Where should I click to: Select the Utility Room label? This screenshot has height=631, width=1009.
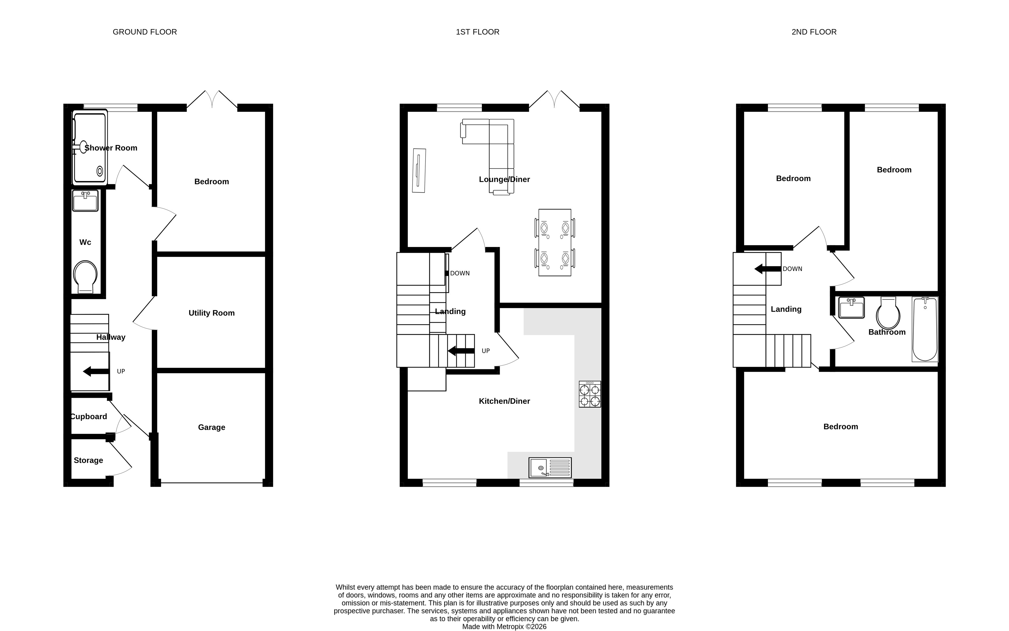click(x=211, y=313)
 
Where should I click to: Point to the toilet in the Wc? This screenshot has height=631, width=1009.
click(x=85, y=277)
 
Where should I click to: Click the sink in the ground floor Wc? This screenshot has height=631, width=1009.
click(x=85, y=201)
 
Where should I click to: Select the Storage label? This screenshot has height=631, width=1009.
click(x=88, y=460)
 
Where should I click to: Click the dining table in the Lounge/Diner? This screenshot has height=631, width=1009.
click(x=555, y=242)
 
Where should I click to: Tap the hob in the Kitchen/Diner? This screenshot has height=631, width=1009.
click(x=590, y=394)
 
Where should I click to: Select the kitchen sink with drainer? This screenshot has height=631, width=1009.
click(x=550, y=467)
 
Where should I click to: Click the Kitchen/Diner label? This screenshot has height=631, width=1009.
click(x=504, y=401)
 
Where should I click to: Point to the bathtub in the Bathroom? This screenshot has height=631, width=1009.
click(x=925, y=329)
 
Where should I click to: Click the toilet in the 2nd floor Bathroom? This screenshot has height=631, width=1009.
click(x=888, y=313)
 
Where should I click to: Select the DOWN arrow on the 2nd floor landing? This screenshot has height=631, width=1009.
click(x=768, y=269)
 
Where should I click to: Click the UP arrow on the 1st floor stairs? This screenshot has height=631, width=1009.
click(x=461, y=351)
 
